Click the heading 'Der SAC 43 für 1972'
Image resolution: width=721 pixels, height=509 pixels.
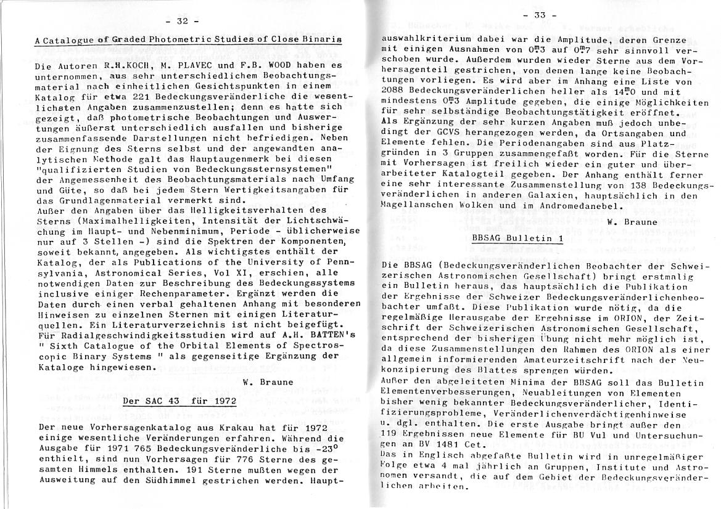click(x=179, y=401)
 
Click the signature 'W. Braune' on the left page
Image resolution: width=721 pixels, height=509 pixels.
click(x=266, y=381)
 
